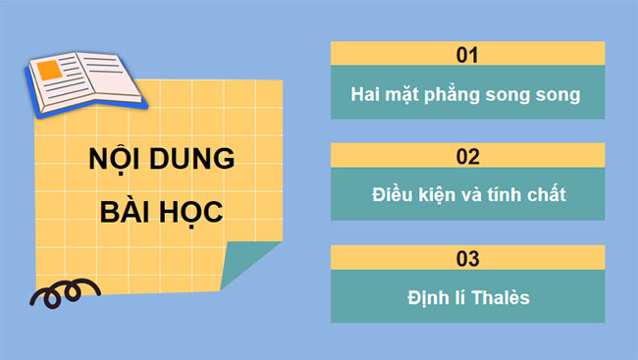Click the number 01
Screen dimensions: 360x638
click(467, 54)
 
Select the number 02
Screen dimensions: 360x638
click(467, 156)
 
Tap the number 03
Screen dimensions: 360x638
click(467, 259)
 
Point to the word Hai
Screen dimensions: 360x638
click(365, 95)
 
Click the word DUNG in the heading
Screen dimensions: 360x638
click(190, 163)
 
